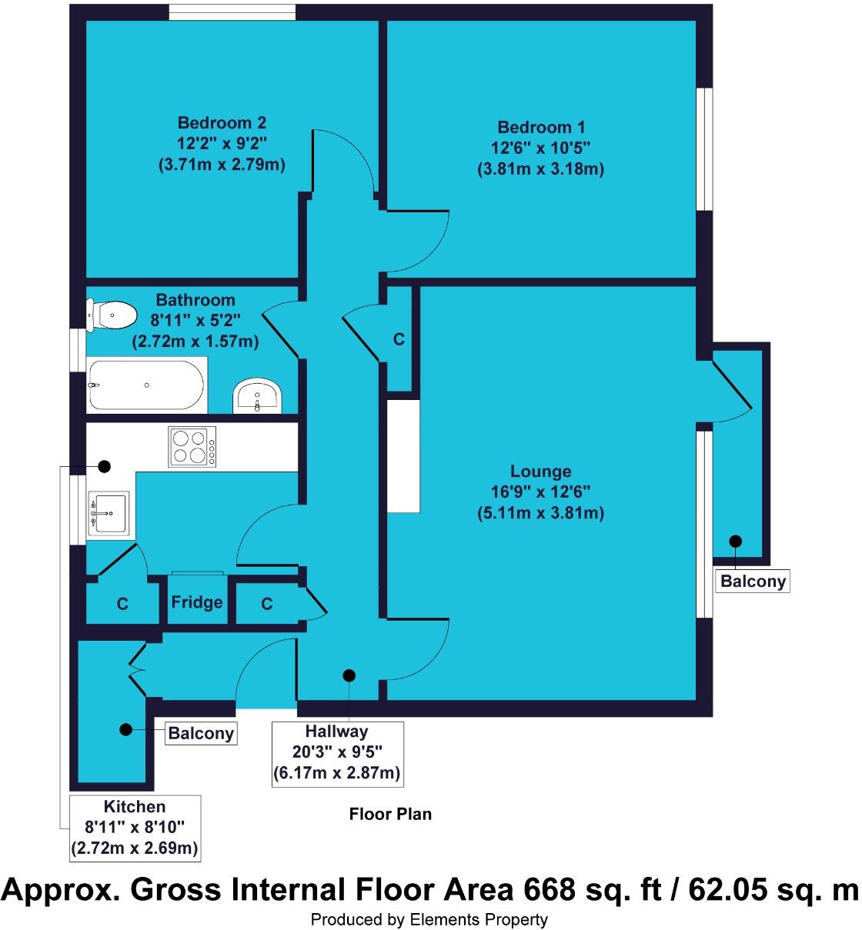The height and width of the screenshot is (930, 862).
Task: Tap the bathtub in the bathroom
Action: [146, 384]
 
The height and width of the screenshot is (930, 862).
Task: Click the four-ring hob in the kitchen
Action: [192, 446]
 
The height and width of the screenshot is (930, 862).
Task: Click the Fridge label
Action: [197, 602]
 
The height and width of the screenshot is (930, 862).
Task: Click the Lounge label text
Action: [540, 472]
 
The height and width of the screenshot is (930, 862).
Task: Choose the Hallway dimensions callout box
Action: [337, 752]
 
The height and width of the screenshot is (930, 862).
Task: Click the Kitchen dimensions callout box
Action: [135, 828]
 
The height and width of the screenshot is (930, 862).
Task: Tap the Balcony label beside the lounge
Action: [753, 581]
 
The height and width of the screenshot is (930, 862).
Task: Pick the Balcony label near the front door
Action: [201, 733]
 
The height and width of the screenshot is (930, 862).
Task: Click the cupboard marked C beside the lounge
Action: [399, 338]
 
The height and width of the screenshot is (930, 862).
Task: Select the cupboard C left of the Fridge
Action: [122, 604]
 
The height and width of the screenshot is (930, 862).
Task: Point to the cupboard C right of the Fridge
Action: [266, 604]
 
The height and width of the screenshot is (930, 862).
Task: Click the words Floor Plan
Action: [390, 814]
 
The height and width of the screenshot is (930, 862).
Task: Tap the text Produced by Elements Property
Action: [429, 919]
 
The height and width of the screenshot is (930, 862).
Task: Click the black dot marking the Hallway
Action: [349, 675]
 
